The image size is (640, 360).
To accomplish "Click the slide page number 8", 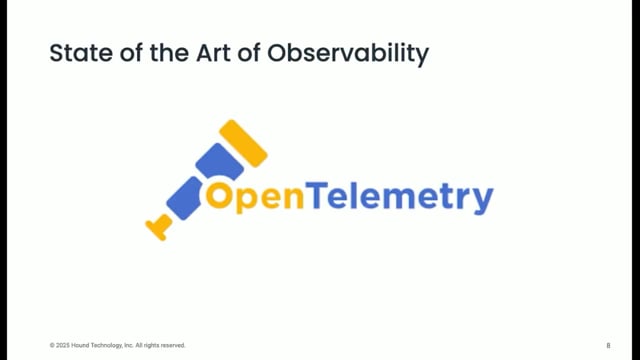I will (x=608, y=345).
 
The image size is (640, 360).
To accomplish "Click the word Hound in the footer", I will (x=83, y=345).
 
